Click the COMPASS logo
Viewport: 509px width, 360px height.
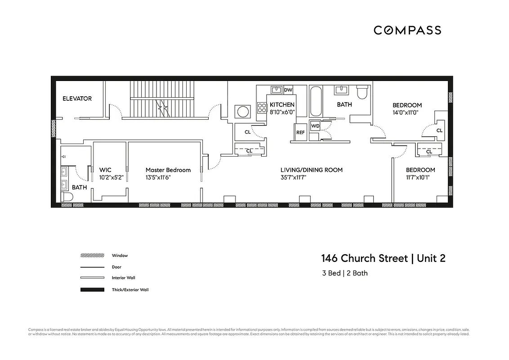(407, 30)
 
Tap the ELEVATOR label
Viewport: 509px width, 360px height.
(77, 99)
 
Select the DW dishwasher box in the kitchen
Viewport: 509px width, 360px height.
(288, 90)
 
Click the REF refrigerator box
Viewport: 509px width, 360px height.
(300, 133)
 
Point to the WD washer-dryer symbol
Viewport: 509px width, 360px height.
(315, 126)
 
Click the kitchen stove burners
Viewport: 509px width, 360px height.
(262, 107)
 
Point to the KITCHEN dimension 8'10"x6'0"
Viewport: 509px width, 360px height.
(282, 112)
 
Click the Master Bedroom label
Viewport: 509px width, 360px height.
(168, 170)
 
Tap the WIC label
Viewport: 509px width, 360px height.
(105, 170)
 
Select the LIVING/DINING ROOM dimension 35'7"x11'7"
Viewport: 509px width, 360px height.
(311, 177)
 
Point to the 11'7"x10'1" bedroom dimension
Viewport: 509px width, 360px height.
(420, 177)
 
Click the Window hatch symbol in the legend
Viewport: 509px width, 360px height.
(92, 256)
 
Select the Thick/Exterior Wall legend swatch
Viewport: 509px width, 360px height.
(92, 290)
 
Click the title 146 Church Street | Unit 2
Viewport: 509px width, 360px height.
(383, 259)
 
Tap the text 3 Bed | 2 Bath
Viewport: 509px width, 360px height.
(344, 273)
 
